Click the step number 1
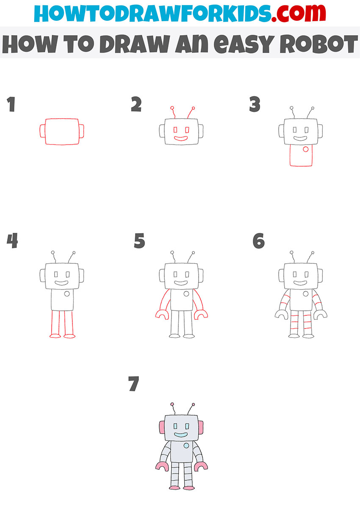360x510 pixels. coord(11,104)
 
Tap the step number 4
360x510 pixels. coord(12,241)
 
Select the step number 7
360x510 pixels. coord(134,384)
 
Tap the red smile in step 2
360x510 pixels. coord(181,138)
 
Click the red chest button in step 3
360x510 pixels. coord(305,149)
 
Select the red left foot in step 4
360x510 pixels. coord(55,336)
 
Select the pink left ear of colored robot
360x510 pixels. coord(161,427)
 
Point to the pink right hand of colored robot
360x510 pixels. coord(201,465)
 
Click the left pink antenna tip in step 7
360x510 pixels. coord(172,404)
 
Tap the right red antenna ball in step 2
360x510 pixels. coord(193,109)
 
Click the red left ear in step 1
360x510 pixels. coord(42,131)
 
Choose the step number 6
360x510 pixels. coord(258,241)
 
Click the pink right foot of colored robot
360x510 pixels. coord(188,488)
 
